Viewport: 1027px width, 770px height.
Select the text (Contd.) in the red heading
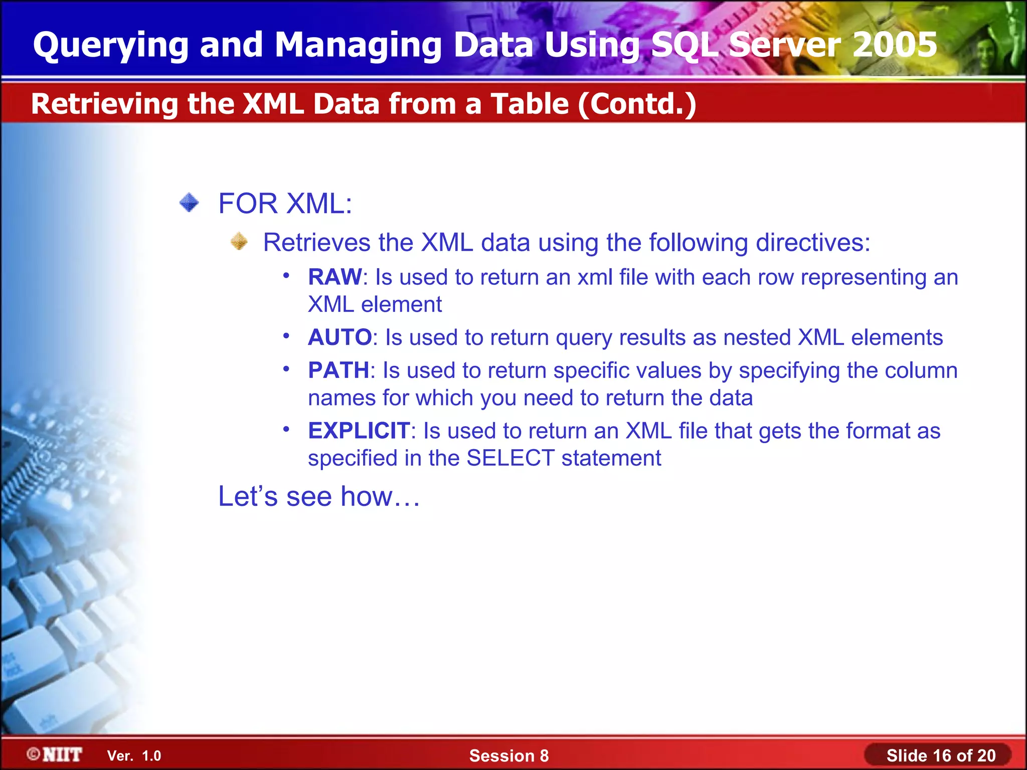637,104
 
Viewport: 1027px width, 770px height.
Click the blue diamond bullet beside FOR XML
190,203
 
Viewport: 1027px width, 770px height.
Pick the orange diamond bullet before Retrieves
239,242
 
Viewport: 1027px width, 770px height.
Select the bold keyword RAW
334,277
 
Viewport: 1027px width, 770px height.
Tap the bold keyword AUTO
339,337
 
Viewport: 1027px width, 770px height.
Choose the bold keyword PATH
338,370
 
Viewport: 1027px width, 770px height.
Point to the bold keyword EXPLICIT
359,431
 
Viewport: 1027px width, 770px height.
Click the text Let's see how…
319,496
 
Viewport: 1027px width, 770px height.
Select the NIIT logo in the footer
55,754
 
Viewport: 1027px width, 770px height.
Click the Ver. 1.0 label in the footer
134,756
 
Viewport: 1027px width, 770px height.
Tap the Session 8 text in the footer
508,756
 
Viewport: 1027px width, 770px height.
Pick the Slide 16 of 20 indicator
940,755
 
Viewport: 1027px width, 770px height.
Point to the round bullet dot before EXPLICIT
286,429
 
